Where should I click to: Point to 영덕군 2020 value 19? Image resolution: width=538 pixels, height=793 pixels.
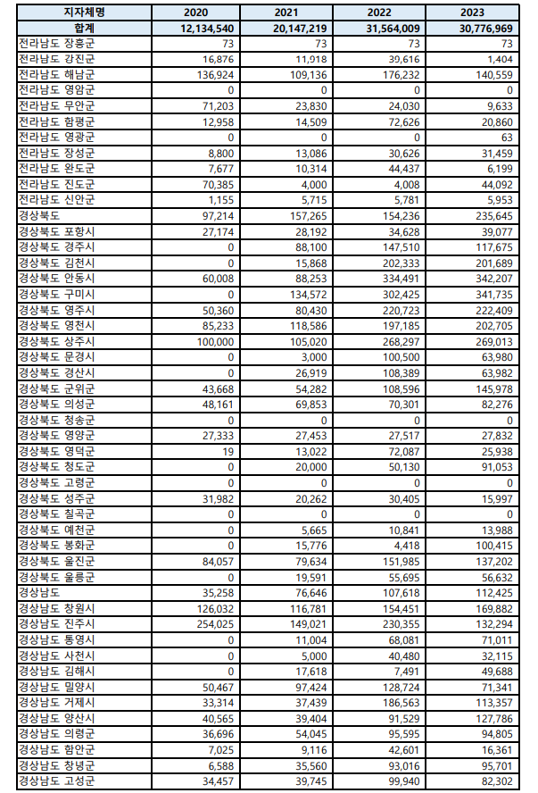point(228,451)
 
